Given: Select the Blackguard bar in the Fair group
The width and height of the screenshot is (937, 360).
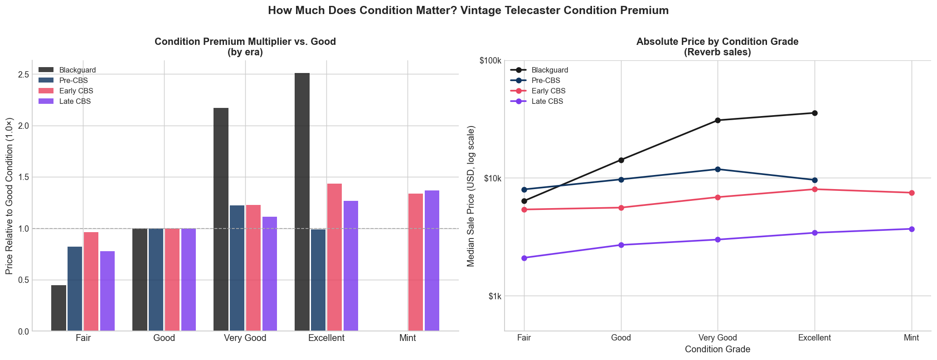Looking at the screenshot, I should [x=58, y=308].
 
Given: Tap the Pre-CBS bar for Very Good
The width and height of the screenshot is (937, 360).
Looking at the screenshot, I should [x=237, y=268].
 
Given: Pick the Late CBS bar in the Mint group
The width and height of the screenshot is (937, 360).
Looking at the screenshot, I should [x=432, y=261].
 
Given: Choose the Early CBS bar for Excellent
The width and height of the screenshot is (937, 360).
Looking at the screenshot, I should [x=335, y=257].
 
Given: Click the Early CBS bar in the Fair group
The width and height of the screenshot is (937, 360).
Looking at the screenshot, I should [x=91, y=282].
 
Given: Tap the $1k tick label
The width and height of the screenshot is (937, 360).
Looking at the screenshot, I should [x=493, y=297].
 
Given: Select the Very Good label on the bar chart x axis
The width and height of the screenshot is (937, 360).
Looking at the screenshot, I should [x=245, y=338].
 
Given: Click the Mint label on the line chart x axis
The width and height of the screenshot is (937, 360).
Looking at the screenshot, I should [x=911, y=338].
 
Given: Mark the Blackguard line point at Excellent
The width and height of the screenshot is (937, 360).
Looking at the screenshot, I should [x=815, y=113].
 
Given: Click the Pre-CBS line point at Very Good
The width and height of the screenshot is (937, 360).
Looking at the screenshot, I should [x=718, y=169].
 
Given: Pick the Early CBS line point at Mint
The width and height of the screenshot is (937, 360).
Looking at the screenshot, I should [x=912, y=193].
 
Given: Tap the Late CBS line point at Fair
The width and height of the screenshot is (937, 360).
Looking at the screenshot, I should [x=524, y=258].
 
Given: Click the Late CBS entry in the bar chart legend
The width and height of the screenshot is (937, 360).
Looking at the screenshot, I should [x=75, y=102].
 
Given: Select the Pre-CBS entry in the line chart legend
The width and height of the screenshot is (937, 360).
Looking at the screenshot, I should [x=546, y=81].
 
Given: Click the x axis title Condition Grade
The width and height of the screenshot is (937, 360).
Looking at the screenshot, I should [x=718, y=350].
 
